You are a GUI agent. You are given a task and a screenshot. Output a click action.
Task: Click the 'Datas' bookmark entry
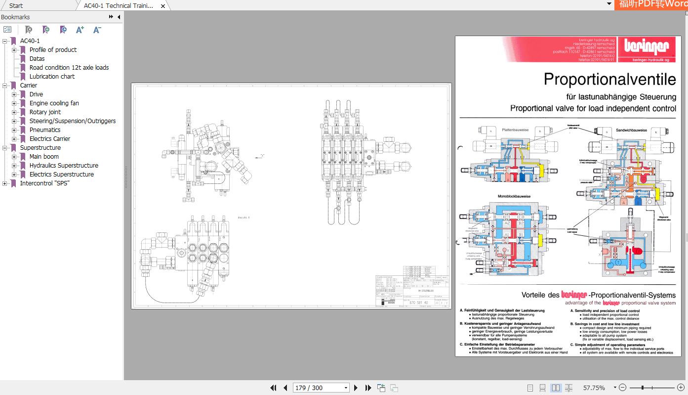(37, 58)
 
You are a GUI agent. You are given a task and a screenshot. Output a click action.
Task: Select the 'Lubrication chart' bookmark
(52, 76)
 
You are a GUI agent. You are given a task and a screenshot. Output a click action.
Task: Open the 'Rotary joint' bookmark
(45, 112)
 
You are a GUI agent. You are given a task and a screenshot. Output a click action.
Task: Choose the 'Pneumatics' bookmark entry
(45, 130)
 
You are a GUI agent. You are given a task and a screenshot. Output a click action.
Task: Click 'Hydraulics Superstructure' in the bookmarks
(64, 165)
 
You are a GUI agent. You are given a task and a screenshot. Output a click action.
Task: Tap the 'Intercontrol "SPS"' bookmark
(44, 183)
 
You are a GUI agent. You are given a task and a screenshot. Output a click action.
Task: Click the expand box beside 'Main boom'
(14, 156)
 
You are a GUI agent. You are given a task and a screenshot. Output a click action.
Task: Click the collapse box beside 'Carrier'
(5, 85)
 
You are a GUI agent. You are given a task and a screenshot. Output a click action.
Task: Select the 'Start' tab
(16, 5)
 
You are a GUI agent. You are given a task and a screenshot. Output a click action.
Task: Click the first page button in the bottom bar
(273, 388)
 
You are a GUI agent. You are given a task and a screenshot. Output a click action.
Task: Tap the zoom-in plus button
(681, 388)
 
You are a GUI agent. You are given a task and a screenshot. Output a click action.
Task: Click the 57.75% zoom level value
(594, 388)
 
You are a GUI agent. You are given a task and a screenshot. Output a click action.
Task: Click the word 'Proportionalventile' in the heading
(609, 79)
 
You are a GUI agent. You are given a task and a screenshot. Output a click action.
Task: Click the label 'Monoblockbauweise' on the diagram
(514, 196)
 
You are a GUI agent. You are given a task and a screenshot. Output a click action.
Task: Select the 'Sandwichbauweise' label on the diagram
(631, 130)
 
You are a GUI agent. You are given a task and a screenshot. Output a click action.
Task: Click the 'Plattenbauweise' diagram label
(515, 130)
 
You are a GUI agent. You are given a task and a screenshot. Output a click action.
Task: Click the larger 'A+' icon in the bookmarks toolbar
(80, 30)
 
